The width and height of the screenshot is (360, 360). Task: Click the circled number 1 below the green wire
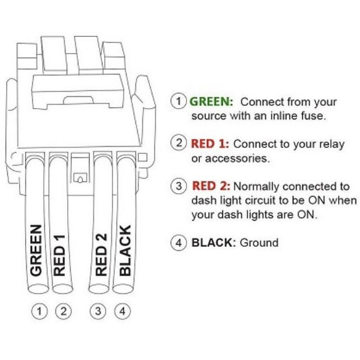coord(39,311)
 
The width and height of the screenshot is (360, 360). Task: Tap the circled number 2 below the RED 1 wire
coord(63,311)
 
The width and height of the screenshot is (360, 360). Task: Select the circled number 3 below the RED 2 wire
coord(98,311)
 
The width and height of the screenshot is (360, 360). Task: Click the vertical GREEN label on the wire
coord(36,250)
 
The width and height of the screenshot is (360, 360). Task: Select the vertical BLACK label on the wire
coord(125,250)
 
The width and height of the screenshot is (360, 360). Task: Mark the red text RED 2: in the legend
coord(212,186)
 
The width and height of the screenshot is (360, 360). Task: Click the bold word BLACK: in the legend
coord(214,243)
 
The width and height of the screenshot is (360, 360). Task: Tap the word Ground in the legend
coord(259,243)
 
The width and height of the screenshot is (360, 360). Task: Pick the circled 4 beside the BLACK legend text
coord(178,243)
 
